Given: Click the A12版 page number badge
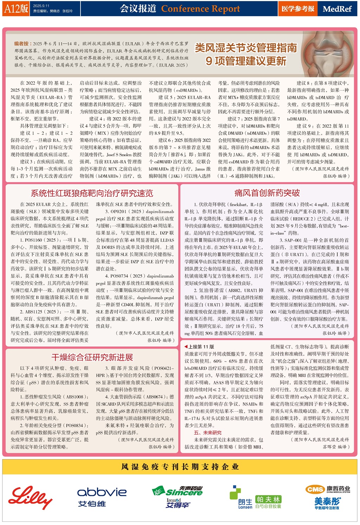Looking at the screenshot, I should (x=16, y=8).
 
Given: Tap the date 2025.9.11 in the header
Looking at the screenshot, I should (x=41, y=6).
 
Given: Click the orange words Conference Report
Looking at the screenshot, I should (x=200, y=9).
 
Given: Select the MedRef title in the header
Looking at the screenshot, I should (x=337, y=9).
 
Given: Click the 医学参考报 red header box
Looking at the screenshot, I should (x=298, y=9).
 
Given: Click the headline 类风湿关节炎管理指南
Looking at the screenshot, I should (x=246, y=48).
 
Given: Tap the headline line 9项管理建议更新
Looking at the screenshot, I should (x=246, y=61).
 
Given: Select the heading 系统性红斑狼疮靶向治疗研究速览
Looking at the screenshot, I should (x=92, y=193).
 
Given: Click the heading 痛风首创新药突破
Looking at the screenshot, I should (x=267, y=193).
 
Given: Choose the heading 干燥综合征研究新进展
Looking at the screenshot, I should (x=92, y=357).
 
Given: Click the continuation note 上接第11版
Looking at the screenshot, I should (x=199, y=346).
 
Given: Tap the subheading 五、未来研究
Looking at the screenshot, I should (x=207, y=433).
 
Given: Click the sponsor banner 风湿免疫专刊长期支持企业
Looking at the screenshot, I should (x=180, y=467).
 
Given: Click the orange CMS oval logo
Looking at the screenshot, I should (x=315, y=489).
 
